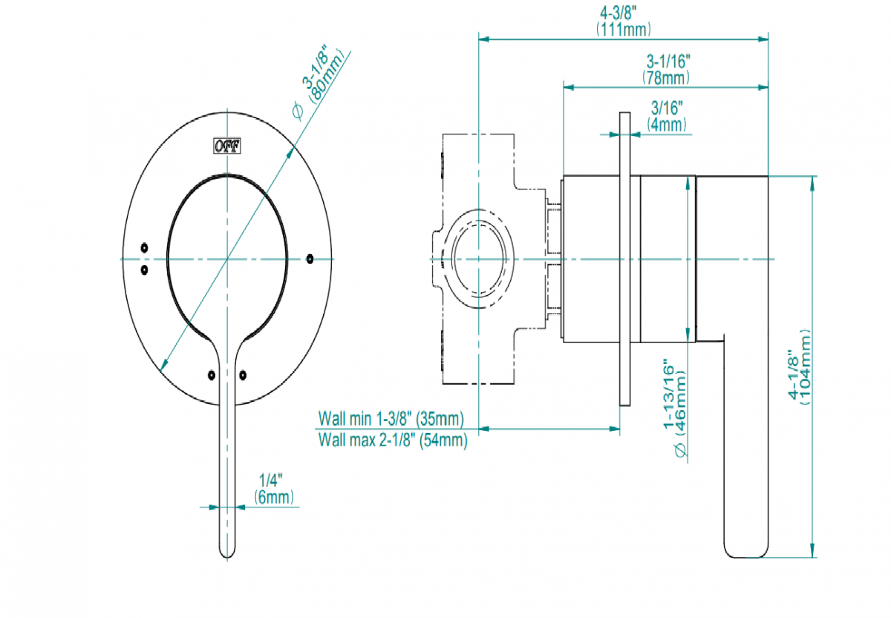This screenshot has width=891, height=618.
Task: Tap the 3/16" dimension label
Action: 666,108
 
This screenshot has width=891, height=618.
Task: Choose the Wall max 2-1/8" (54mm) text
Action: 393,440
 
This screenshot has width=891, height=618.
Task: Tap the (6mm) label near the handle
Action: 273,497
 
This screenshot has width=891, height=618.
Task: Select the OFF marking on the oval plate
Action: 227,147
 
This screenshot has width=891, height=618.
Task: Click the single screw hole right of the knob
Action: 310,258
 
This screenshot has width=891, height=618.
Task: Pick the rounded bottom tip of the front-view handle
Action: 228,553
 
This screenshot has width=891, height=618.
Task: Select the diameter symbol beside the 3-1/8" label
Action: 296,111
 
